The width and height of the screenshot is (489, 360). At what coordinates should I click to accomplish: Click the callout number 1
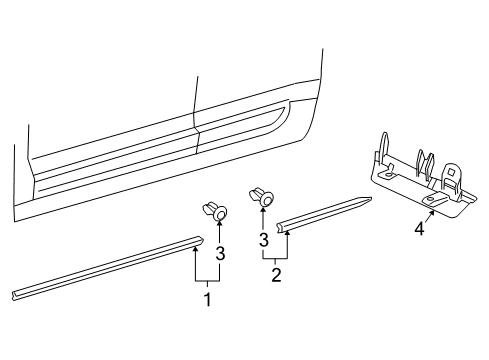(207, 299)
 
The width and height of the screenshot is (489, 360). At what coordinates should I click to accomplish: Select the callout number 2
(276, 275)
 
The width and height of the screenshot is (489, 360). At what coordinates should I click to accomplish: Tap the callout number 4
(419, 229)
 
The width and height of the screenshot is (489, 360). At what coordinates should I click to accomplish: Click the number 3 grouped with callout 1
(220, 253)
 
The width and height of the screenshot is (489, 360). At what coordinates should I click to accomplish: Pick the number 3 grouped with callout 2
(264, 240)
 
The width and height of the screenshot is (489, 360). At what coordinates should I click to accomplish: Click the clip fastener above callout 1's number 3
(215, 211)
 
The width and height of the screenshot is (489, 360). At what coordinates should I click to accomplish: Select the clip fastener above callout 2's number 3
(261, 197)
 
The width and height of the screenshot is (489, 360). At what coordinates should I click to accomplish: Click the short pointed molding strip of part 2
(323, 214)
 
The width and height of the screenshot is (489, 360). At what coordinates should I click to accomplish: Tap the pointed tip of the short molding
(371, 198)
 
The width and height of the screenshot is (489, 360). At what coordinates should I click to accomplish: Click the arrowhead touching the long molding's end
(196, 250)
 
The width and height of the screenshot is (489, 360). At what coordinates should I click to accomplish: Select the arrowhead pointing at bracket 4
(433, 214)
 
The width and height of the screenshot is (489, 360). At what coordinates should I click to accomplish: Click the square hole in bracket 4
(450, 172)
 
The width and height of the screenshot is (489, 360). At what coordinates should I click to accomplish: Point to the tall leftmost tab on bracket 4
(384, 147)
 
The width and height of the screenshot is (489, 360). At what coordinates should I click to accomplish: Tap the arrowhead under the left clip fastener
(219, 224)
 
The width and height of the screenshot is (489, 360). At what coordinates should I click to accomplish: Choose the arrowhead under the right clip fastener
(263, 210)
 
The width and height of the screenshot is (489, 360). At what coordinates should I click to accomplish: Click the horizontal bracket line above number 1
(207, 281)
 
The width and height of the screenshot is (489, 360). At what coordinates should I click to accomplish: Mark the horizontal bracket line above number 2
(275, 258)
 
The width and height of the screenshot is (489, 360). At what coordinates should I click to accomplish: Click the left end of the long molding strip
(13, 296)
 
